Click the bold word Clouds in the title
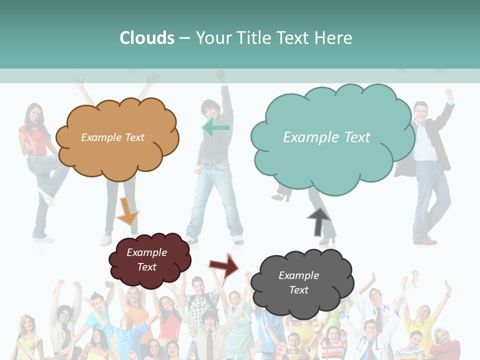tap(147, 37)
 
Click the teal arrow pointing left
tap(216, 127)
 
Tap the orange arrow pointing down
tap(127, 211)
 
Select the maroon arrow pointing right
tap(224, 265)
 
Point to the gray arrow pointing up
tap(319, 222)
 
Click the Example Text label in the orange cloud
tap(112, 137)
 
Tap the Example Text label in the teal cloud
tap(326, 137)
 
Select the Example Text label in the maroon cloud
tap(146, 259)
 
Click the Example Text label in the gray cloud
tap(298, 282)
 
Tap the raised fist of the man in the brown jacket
tap(449, 92)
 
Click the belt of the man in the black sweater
tap(212, 162)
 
